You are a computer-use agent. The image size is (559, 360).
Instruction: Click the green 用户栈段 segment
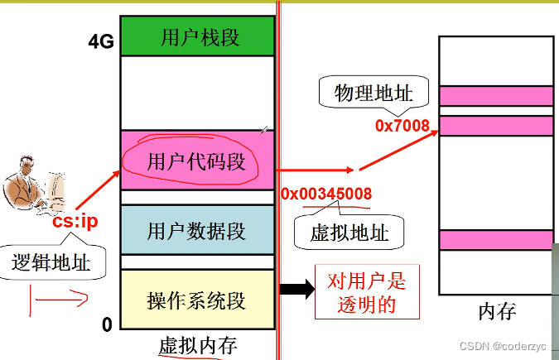(196, 36)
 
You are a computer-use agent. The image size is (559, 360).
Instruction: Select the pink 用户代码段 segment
(196, 161)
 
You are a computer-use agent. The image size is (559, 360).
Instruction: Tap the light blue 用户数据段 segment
(196, 229)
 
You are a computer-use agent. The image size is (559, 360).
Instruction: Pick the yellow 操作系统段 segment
(196, 299)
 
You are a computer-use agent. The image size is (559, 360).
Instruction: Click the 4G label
(100, 43)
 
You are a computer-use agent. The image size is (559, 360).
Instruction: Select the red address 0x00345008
(326, 194)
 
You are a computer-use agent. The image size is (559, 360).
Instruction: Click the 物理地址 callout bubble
(373, 91)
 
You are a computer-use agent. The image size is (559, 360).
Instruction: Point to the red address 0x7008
(402, 126)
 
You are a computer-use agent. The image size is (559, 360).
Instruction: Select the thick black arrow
(296, 289)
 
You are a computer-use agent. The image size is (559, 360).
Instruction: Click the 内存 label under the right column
(497, 312)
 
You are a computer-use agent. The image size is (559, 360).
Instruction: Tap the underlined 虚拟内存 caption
(195, 345)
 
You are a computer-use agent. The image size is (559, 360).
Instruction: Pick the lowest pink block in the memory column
(496, 240)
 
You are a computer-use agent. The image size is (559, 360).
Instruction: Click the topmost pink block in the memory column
(496, 96)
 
